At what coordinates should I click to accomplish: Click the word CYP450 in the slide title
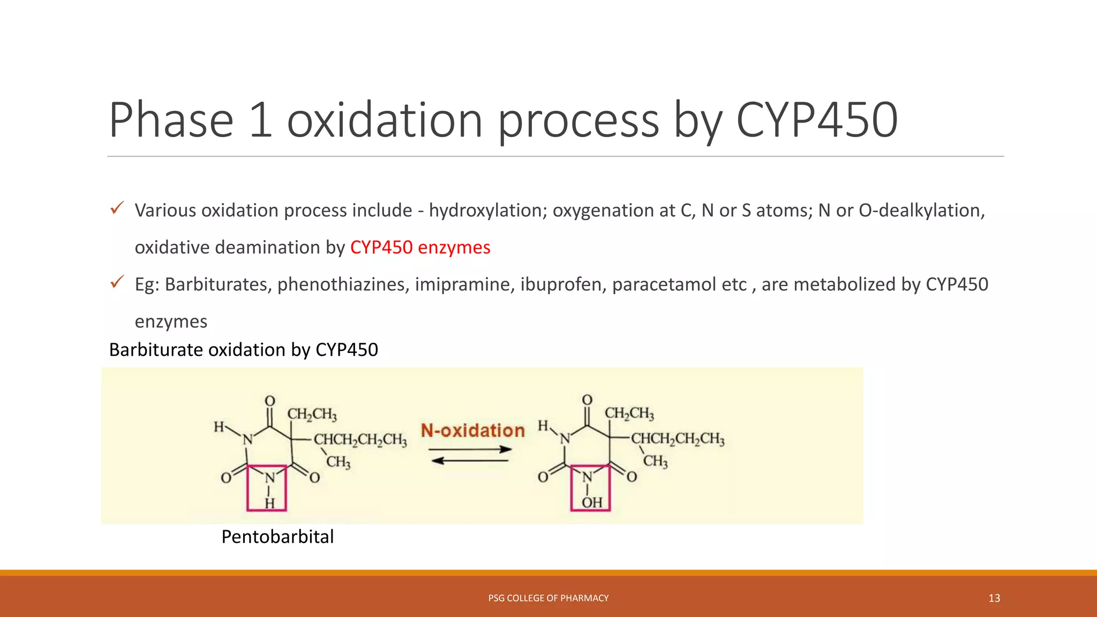click(x=816, y=121)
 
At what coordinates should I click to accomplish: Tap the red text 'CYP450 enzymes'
click(x=420, y=247)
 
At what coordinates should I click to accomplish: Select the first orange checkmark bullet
click(x=117, y=208)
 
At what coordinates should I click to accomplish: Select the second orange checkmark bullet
click(x=117, y=282)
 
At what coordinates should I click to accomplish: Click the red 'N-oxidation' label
click(x=472, y=431)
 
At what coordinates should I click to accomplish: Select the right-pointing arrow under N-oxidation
click(x=470, y=449)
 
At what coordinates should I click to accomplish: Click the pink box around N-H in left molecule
click(x=267, y=488)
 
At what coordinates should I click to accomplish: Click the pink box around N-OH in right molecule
click(x=590, y=488)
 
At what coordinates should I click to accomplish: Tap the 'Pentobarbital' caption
click(x=277, y=537)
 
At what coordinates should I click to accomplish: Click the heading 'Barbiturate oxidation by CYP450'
click(x=244, y=350)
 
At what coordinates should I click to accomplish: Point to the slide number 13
click(x=994, y=598)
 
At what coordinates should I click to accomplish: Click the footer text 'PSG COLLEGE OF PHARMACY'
click(x=548, y=598)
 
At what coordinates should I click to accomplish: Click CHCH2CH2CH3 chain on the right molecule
click(x=678, y=439)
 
